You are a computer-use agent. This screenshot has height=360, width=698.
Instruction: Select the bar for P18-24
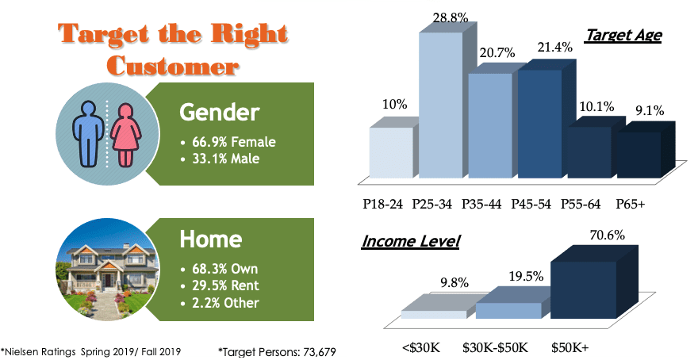pyautogui.click(x=391, y=152)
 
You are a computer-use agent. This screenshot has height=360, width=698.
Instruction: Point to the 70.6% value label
pyautogui.click(x=608, y=235)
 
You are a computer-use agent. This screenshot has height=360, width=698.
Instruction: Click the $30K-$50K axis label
pyautogui.click(x=495, y=347)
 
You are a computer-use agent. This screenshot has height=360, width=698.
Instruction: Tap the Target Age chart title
pyautogui.click(x=623, y=35)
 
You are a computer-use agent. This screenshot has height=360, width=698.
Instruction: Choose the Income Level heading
pyautogui.click(x=410, y=241)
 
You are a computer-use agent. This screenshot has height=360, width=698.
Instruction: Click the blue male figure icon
pyautogui.click(x=89, y=133)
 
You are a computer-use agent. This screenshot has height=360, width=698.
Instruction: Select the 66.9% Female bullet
pyautogui.click(x=228, y=142)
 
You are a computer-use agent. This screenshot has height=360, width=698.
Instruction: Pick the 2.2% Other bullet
pyautogui.click(x=220, y=303)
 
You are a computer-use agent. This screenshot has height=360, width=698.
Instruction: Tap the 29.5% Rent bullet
pyautogui.click(x=220, y=285)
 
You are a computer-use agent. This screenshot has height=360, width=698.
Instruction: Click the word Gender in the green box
pyautogui.click(x=219, y=113)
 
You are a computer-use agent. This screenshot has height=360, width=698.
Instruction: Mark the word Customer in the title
pyautogui.click(x=173, y=67)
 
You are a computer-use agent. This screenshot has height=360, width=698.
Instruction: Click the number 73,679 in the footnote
pyautogui.click(x=318, y=352)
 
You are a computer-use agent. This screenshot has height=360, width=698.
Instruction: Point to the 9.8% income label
pyautogui.click(x=454, y=282)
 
